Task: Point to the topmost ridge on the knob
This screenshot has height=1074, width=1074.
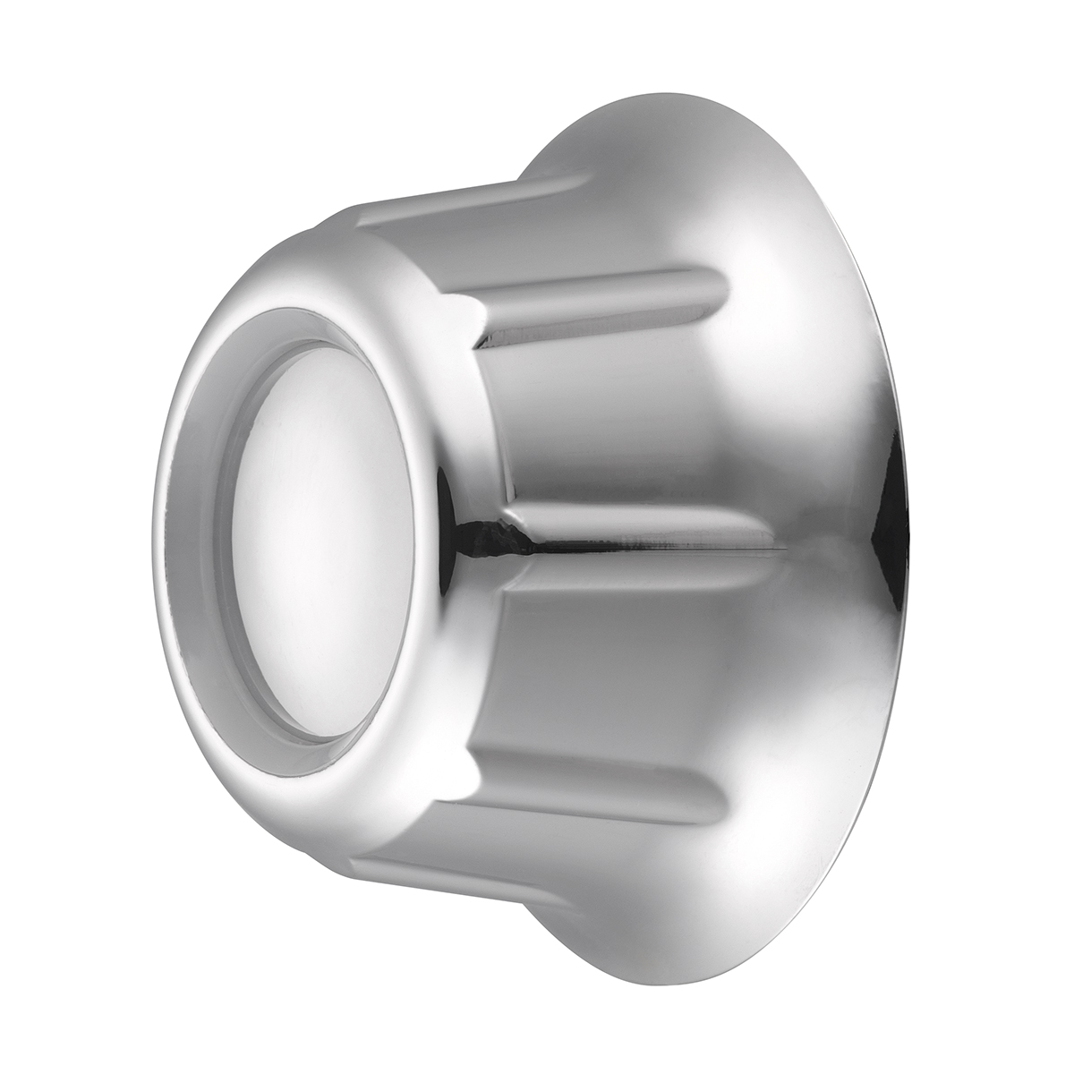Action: tap(465, 192)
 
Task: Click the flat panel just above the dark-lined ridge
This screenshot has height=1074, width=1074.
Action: tap(626, 421)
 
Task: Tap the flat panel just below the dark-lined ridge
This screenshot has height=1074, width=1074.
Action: tap(626, 662)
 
